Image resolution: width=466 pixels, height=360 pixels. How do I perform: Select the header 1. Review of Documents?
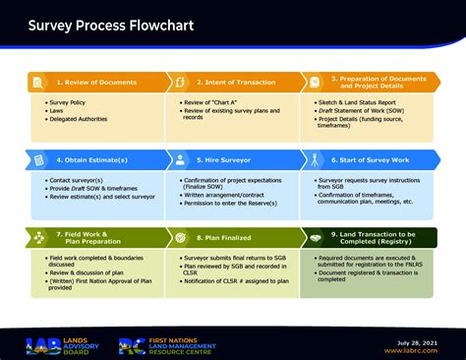tap(96, 83)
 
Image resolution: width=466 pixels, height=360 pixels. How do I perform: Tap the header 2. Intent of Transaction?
tap(237, 83)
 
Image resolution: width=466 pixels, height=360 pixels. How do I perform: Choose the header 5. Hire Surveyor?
tap(225, 158)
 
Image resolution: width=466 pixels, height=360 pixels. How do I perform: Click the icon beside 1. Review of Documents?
tap(37, 83)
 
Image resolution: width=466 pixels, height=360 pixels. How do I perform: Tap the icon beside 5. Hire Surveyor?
tap(179, 159)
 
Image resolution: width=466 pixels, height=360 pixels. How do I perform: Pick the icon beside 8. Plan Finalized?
tap(179, 236)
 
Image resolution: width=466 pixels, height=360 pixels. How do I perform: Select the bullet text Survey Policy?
tap(67, 102)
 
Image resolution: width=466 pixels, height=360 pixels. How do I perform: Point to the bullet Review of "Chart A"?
tap(215, 102)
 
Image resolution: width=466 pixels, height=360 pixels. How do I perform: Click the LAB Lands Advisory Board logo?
tap(59, 345)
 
